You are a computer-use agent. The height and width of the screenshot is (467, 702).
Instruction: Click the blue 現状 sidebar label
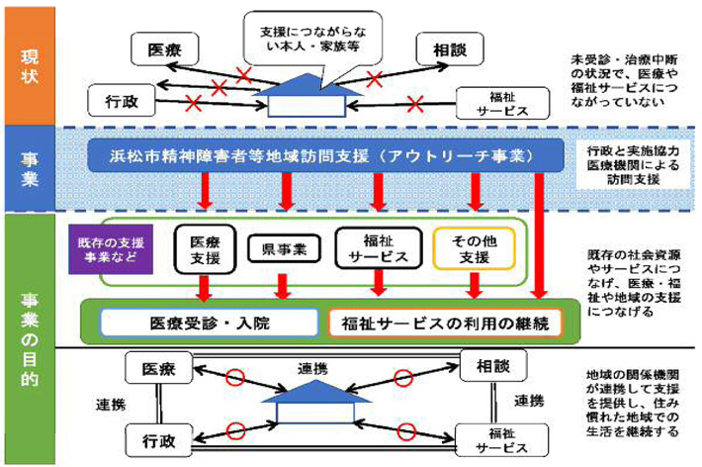[30, 62]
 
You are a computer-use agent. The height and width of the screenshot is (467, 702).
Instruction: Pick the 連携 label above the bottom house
[314, 368]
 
